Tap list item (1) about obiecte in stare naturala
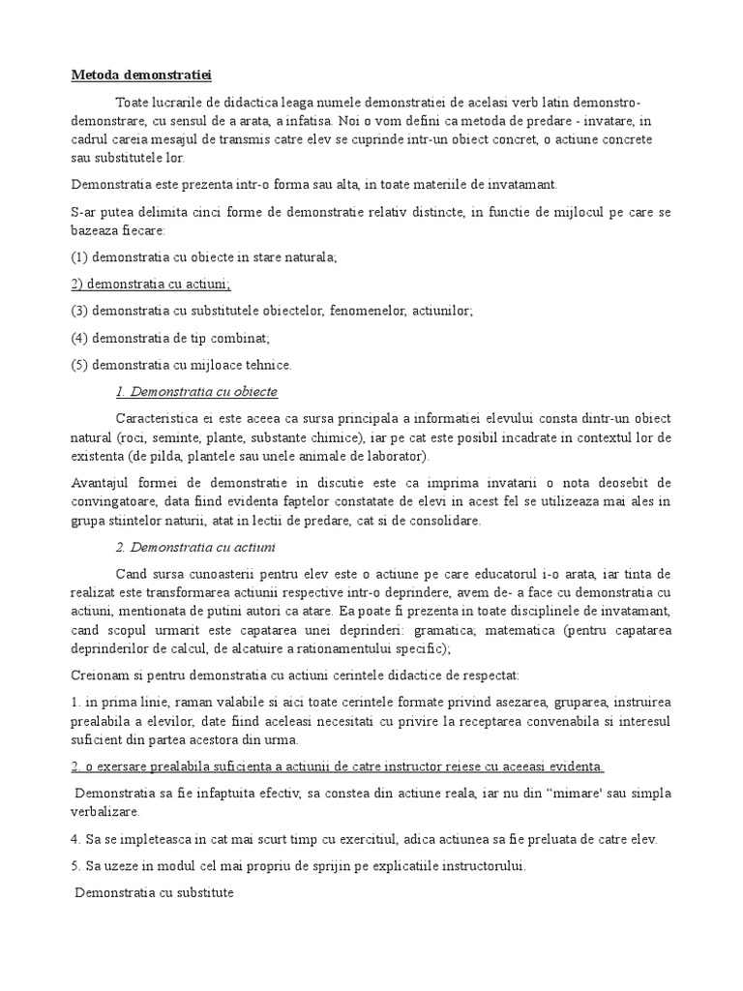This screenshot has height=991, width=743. click(x=203, y=257)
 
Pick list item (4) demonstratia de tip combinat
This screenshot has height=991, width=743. click(x=169, y=338)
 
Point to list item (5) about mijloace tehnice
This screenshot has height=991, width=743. click(x=181, y=365)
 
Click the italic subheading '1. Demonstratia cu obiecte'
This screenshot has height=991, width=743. click(x=196, y=392)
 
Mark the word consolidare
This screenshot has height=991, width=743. click(x=445, y=521)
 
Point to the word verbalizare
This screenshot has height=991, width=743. click(x=106, y=812)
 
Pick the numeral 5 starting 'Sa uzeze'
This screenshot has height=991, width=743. click(x=74, y=867)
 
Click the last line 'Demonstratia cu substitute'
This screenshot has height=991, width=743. click(x=155, y=893)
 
